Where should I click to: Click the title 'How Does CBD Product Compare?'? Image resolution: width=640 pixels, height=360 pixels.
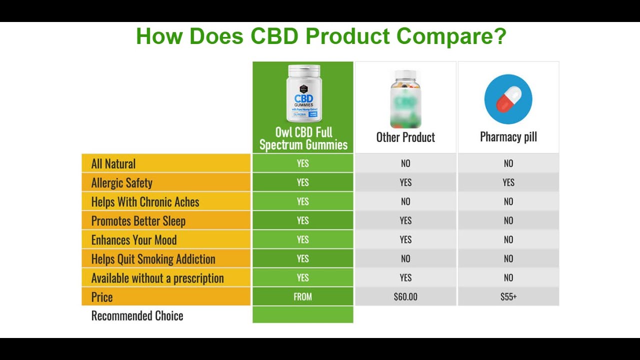pyautogui.click(x=321, y=36)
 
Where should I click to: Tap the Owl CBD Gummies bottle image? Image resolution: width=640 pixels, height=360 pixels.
pyautogui.click(x=303, y=93)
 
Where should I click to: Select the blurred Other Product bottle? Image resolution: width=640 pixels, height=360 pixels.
pyautogui.click(x=405, y=99)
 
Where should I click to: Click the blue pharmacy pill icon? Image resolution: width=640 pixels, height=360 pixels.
pyautogui.click(x=508, y=99)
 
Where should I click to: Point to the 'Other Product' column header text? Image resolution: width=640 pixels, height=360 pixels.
pyautogui.click(x=405, y=137)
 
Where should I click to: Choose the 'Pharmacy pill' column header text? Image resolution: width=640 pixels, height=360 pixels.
pyautogui.click(x=508, y=137)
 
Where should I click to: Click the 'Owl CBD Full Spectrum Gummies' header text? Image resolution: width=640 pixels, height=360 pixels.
pyautogui.click(x=303, y=138)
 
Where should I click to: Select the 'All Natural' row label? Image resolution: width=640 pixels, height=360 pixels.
pyautogui.click(x=113, y=164)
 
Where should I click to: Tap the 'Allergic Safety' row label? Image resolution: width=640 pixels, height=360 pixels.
pyautogui.click(x=122, y=183)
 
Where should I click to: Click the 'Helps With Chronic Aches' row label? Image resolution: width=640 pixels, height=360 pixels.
pyautogui.click(x=145, y=202)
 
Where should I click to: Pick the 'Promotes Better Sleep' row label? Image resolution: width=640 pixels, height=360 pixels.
pyautogui.click(x=138, y=221)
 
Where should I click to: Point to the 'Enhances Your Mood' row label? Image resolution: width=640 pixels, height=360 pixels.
pyautogui.click(x=134, y=240)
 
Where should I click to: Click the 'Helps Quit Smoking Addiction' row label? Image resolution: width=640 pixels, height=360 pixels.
pyautogui.click(x=153, y=259)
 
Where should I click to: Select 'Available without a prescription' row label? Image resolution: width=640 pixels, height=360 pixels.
pyautogui.click(x=157, y=278)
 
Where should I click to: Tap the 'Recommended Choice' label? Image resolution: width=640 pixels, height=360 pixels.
pyautogui.click(x=137, y=316)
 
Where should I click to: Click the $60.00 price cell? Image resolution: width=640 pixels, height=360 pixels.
pyautogui.click(x=405, y=297)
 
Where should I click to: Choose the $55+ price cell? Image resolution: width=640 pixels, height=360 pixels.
pyautogui.click(x=508, y=297)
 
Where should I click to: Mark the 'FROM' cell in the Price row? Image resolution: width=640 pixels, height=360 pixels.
pyautogui.click(x=303, y=297)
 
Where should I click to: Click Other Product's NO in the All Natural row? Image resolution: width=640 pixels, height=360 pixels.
pyautogui.click(x=405, y=163)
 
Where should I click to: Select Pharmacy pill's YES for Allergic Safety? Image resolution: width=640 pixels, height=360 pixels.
pyautogui.click(x=508, y=182)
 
